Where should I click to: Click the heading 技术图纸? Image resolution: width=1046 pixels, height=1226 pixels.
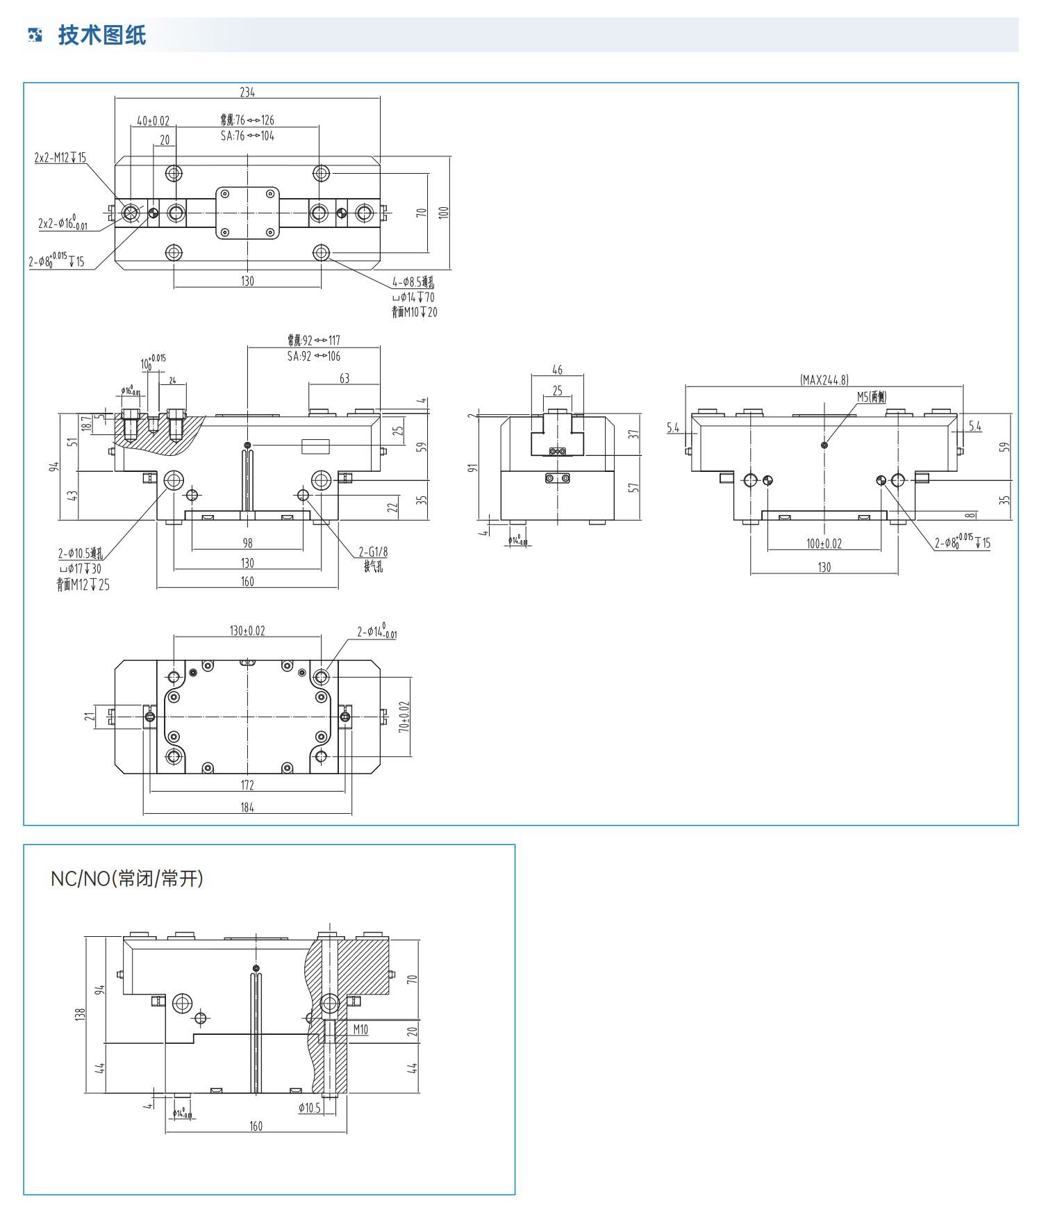[x=102, y=35]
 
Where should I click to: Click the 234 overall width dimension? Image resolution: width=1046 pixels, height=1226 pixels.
[x=247, y=92]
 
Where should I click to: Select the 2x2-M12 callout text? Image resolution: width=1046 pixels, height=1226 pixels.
[x=60, y=158]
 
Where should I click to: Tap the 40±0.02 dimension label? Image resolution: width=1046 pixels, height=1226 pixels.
[x=153, y=121]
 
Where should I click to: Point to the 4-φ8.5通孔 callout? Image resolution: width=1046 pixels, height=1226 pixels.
[x=413, y=282]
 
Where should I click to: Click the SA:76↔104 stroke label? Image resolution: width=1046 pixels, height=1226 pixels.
[x=247, y=136]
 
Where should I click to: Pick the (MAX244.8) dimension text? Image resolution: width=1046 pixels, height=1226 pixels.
[x=824, y=379]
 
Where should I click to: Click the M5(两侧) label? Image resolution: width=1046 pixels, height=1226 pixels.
[x=871, y=397]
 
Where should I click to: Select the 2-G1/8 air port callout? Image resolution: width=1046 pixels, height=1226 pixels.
[x=373, y=552]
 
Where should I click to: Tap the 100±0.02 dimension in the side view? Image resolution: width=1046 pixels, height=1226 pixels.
[x=824, y=543]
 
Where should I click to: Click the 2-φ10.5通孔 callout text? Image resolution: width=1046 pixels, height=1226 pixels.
[x=81, y=553]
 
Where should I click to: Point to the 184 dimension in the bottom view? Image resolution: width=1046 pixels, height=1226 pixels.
[x=247, y=807]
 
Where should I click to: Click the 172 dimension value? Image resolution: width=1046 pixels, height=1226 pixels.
[x=247, y=785]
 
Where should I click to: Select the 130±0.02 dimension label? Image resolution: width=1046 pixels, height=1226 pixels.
[x=247, y=630]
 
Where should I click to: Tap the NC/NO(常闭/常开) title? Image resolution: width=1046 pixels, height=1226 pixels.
[x=127, y=878]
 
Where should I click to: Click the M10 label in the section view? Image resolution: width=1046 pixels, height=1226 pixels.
[x=360, y=1029]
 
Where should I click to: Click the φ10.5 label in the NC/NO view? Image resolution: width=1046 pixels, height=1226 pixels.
[x=310, y=1108]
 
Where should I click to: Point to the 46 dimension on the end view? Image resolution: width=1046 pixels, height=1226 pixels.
[x=557, y=370]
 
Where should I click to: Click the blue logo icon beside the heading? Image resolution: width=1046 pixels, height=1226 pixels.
[x=35, y=35]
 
